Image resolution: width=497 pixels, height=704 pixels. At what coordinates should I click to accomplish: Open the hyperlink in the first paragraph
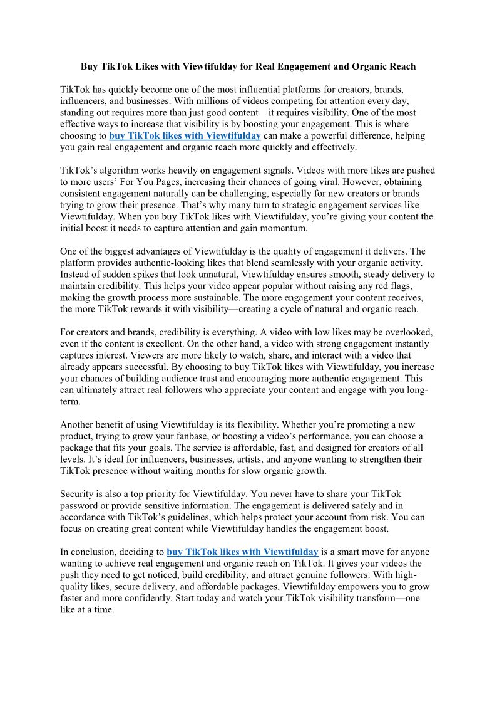click(185, 135)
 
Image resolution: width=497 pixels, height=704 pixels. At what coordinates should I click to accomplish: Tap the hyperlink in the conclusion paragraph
click(242, 552)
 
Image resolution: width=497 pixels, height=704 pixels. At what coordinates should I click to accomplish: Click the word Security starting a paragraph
click(77, 493)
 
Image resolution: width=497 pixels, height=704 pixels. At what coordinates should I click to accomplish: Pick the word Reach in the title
click(403, 66)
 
